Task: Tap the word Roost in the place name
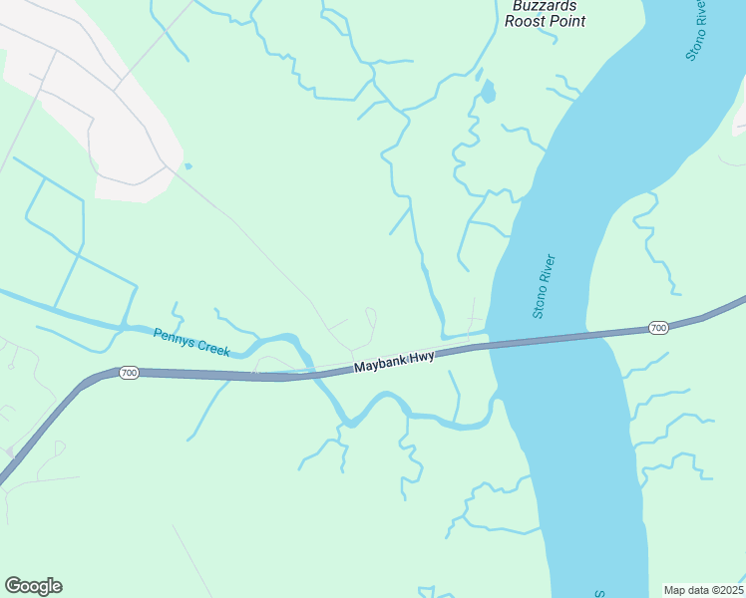point(526,21)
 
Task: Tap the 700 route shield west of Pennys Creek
point(128,373)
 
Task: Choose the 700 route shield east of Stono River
point(657,328)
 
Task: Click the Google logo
point(33,586)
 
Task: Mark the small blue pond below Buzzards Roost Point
point(487,93)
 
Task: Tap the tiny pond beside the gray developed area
point(186,165)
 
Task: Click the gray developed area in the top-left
point(90,90)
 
